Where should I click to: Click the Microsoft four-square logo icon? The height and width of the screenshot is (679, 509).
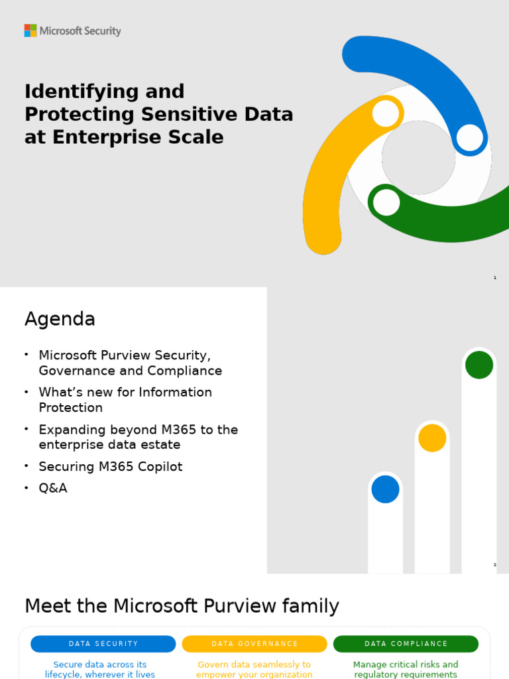pos(30,31)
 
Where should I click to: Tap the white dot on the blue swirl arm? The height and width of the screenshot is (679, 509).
pos(469,137)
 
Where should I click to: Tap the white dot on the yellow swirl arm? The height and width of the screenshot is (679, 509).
pos(386,113)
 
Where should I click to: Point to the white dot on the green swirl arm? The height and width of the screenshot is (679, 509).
pos(386,202)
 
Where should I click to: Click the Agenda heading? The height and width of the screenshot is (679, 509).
pos(60,320)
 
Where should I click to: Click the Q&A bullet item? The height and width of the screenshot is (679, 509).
pos(53,488)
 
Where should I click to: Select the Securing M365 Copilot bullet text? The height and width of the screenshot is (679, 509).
pos(110,467)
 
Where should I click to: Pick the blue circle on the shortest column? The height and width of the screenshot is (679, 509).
pos(385,489)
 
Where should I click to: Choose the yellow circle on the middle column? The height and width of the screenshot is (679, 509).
pos(432,438)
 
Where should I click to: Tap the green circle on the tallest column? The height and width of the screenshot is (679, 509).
pos(479,365)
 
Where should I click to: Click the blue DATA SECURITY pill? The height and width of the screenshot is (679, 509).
pos(103,644)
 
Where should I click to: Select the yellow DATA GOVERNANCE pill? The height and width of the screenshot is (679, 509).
pos(254,644)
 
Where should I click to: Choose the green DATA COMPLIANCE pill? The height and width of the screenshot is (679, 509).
pos(406,644)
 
